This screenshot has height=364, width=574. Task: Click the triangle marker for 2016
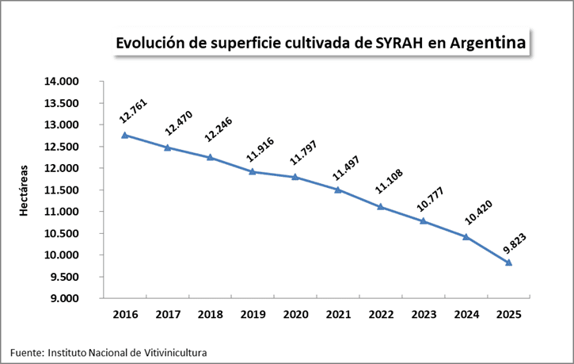pyautogui.click(x=124, y=135)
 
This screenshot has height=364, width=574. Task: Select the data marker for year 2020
pyautogui.click(x=295, y=177)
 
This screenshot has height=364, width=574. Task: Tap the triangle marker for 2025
pyautogui.click(x=508, y=262)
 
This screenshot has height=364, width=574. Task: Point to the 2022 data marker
pyautogui.click(x=381, y=206)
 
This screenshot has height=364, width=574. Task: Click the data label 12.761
pyautogui.click(x=134, y=112)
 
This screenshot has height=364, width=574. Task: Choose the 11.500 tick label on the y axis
pyautogui.click(x=78, y=190)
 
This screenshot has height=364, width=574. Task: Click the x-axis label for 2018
pyautogui.click(x=210, y=315)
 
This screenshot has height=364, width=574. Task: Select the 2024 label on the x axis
pyautogui.click(x=466, y=315)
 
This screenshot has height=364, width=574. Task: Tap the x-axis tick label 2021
pyautogui.click(x=338, y=315)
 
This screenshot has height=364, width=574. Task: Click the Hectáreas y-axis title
pyautogui.click(x=25, y=190)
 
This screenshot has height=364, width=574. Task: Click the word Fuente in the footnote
pyautogui.click(x=26, y=351)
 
